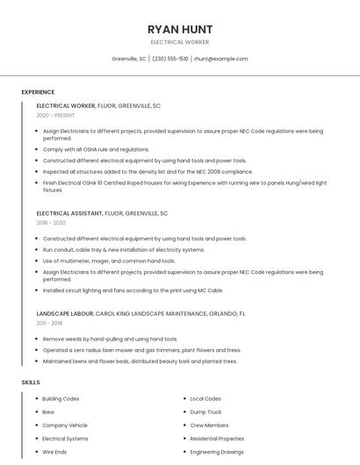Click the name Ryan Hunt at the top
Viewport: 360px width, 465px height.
[180, 29]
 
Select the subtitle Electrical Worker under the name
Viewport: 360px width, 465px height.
[180, 42]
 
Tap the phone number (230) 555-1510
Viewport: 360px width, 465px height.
[170, 59]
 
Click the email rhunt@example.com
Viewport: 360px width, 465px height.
[220, 59]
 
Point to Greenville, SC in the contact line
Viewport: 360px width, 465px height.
[129, 59]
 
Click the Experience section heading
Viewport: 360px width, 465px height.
[38, 92]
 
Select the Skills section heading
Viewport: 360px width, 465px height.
[31, 383]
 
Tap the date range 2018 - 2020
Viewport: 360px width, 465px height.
[51, 223]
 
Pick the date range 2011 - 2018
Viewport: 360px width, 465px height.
[50, 323]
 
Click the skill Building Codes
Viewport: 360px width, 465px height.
[61, 398]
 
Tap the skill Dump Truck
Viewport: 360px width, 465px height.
[205, 411]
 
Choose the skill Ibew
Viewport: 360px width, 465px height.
[48, 411]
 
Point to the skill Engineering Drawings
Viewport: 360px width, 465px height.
[218, 452]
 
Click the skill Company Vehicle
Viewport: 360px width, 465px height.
[65, 425]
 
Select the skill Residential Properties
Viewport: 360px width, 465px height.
[217, 439]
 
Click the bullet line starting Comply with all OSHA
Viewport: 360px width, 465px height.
[96, 150]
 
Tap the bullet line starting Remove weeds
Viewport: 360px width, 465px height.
[110, 339]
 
